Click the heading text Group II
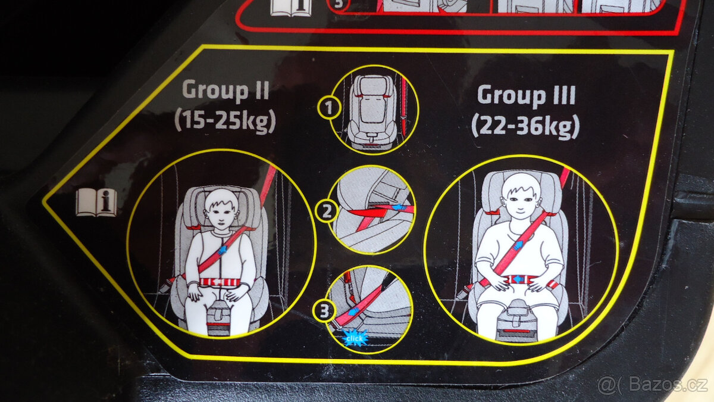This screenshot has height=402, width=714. pos(226,91)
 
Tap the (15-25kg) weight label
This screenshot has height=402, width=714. pos(225,120)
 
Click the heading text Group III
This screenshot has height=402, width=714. pos(526,95)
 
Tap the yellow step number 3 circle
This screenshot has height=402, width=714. pos(323,310)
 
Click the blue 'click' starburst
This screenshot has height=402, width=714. pos(356,338)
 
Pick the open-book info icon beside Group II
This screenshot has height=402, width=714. pos(96,202)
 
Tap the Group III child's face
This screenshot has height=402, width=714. pos(517,197)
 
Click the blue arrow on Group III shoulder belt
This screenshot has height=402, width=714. pos(519,244)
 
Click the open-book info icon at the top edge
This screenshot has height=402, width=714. pos(292,7)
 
